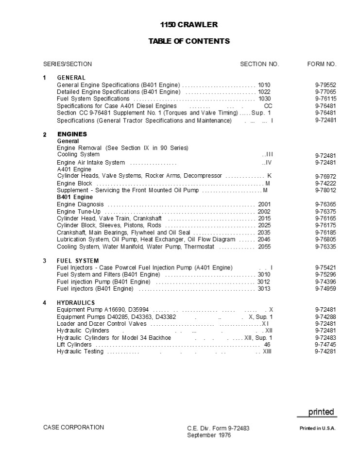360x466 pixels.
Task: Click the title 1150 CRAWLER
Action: point(189,24)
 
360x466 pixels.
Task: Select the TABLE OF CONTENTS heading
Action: point(189,41)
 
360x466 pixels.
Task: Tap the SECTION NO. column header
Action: point(259,64)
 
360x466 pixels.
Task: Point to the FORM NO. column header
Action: point(322,64)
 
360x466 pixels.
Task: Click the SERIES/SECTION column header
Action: point(68,64)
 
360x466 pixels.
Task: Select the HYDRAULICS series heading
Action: point(76,303)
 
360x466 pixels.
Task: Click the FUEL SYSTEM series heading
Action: point(78,261)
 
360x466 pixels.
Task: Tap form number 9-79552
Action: point(326,85)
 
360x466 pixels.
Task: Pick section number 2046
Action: point(264,239)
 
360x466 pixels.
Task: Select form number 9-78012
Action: point(326,190)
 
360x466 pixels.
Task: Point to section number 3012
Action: point(264,282)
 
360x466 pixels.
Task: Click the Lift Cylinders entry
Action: point(75,345)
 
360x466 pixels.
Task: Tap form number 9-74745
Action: point(326,345)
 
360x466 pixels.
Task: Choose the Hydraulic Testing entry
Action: point(80,351)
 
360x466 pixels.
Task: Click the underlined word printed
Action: point(321,412)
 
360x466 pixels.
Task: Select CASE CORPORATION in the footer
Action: point(73,427)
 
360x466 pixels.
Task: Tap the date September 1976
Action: point(209,435)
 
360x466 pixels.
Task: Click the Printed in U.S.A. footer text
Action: point(317,428)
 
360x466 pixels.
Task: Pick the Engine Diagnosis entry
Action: point(80,204)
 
